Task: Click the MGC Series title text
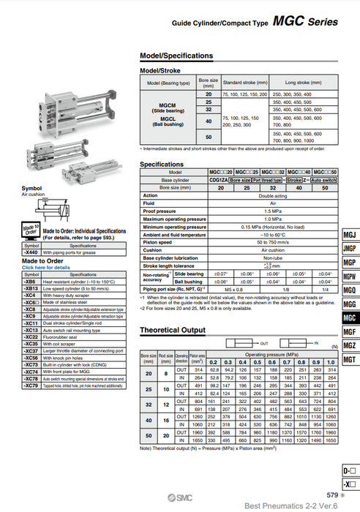click(x=307, y=23)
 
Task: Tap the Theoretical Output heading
click(x=173, y=331)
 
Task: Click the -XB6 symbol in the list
click(x=30, y=281)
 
